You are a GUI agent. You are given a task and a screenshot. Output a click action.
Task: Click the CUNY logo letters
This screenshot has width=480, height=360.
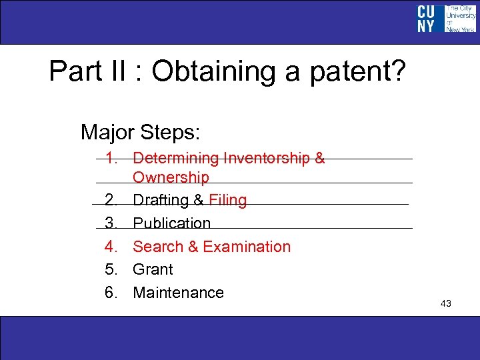[x=426, y=19]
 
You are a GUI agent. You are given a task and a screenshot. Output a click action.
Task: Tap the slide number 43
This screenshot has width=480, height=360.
[x=446, y=304]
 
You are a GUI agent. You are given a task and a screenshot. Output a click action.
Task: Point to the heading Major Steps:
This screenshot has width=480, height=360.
[x=140, y=131]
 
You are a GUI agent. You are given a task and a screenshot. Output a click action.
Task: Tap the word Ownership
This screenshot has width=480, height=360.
[x=171, y=177]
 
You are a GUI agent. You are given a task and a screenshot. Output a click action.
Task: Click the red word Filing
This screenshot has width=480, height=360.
[x=227, y=201]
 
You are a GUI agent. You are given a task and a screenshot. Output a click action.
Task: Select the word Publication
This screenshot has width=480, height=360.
[x=171, y=223]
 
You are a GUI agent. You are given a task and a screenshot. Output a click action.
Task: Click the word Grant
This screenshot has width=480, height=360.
[x=153, y=269]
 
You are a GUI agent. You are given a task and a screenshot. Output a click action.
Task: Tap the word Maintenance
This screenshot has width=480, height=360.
[x=178, y=293]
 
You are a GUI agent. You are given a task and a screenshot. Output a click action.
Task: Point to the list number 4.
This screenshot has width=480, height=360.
[x=111, y=247]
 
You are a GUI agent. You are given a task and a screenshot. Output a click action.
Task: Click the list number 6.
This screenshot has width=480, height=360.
[x=111, y=293]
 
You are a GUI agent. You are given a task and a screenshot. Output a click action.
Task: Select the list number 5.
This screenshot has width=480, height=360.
[x=111, y=269]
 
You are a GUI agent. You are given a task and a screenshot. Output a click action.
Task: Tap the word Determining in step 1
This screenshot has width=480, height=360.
[x=176, y=159]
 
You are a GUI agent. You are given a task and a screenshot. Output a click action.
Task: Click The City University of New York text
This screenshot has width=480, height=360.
[x=461, y=19]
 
